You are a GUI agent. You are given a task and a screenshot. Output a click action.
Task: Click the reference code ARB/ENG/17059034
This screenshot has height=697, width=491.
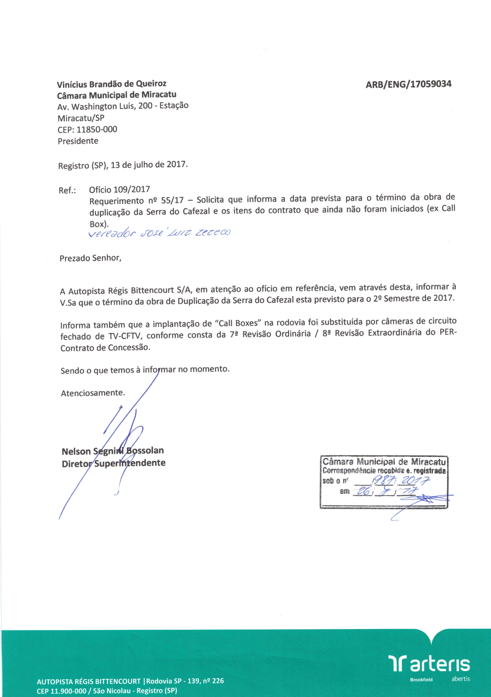[x=408, y=84]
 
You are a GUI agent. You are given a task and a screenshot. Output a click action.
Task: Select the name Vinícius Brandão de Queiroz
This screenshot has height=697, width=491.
[x=112, y=84]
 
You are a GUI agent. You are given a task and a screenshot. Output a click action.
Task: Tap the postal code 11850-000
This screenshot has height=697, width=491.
[x=97, y=130]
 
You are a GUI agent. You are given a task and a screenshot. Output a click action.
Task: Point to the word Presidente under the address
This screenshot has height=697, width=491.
[x=78, y=141]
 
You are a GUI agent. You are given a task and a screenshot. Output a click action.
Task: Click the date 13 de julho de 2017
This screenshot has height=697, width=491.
[x=149, y=165]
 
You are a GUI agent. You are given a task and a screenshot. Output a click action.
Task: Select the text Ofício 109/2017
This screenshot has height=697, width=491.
[x=119, y=190]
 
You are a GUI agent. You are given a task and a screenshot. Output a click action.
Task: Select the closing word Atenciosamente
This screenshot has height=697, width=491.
[x=93, y=393]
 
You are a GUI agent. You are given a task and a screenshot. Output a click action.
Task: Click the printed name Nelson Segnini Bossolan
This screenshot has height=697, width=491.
[x=113, y=451]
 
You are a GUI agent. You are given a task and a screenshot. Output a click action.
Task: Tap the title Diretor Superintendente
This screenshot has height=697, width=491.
[x=114, y=463]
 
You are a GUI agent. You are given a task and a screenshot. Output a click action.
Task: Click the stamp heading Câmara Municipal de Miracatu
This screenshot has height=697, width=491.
[x=384, y=462]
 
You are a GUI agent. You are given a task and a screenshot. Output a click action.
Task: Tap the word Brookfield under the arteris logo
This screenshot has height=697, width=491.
[x=421, y=680]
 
